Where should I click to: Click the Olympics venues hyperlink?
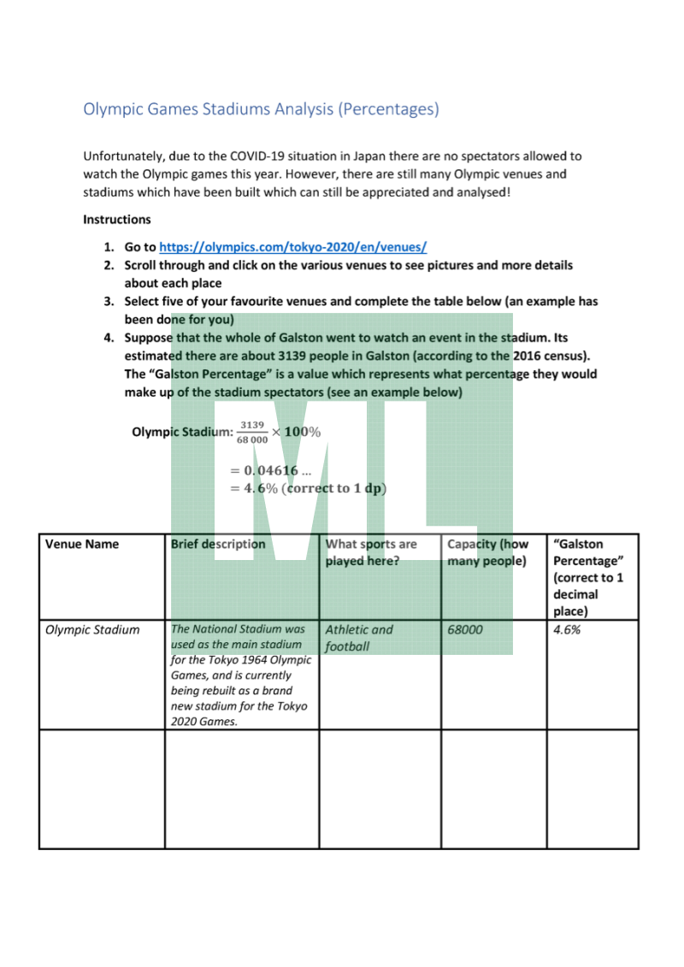tap(292, 247)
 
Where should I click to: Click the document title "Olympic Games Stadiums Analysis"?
tap(261, 109)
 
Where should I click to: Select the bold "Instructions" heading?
tap(117, 220)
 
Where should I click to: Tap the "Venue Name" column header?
tap(82, 544)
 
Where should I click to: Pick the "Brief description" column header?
tap(218, 544)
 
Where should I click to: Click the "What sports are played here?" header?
tap(371, 552)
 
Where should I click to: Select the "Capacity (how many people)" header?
tap(488, 552)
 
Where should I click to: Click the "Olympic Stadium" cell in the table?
tap(92, 630)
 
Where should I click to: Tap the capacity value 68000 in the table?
tap(465, 630)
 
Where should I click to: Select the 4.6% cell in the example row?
tap(568, 630)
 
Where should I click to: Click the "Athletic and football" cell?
tap(359, 638)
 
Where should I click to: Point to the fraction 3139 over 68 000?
tap(252, 433)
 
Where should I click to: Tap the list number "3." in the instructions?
tap(109, 302)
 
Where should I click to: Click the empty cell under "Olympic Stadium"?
tap(102, 788)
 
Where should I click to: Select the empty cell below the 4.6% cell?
tap(592, 788)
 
